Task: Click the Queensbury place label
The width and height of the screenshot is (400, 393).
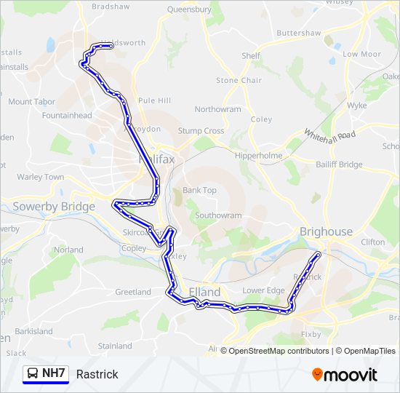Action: click(x=189, y=9)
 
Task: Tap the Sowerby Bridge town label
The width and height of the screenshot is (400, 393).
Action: click(x=54, y=207)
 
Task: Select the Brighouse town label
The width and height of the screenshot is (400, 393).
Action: click(x=326, y=231)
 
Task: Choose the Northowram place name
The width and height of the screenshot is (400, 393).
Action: click(x=217, y=109)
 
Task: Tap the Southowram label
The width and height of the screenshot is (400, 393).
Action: click(x=218, y=215)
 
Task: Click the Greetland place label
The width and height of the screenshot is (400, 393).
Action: click(x=133, y=292)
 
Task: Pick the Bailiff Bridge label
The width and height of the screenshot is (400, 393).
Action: click(x=340, y=164)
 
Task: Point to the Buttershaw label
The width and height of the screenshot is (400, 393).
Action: click(x=298, y=33)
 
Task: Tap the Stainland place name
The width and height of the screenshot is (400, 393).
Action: click(x=115, y=346)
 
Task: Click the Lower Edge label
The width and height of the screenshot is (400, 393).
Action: click(x=263, y=290)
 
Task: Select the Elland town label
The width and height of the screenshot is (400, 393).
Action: click(x=204, y=292)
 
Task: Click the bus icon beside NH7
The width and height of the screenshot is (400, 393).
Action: click(x=33, y=374)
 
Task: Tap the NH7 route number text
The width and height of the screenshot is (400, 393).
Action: click(x=54, y=374)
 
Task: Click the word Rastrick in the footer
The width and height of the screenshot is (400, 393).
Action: click(x=97, y=374)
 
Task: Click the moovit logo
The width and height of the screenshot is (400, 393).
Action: click(x=345, y=374)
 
